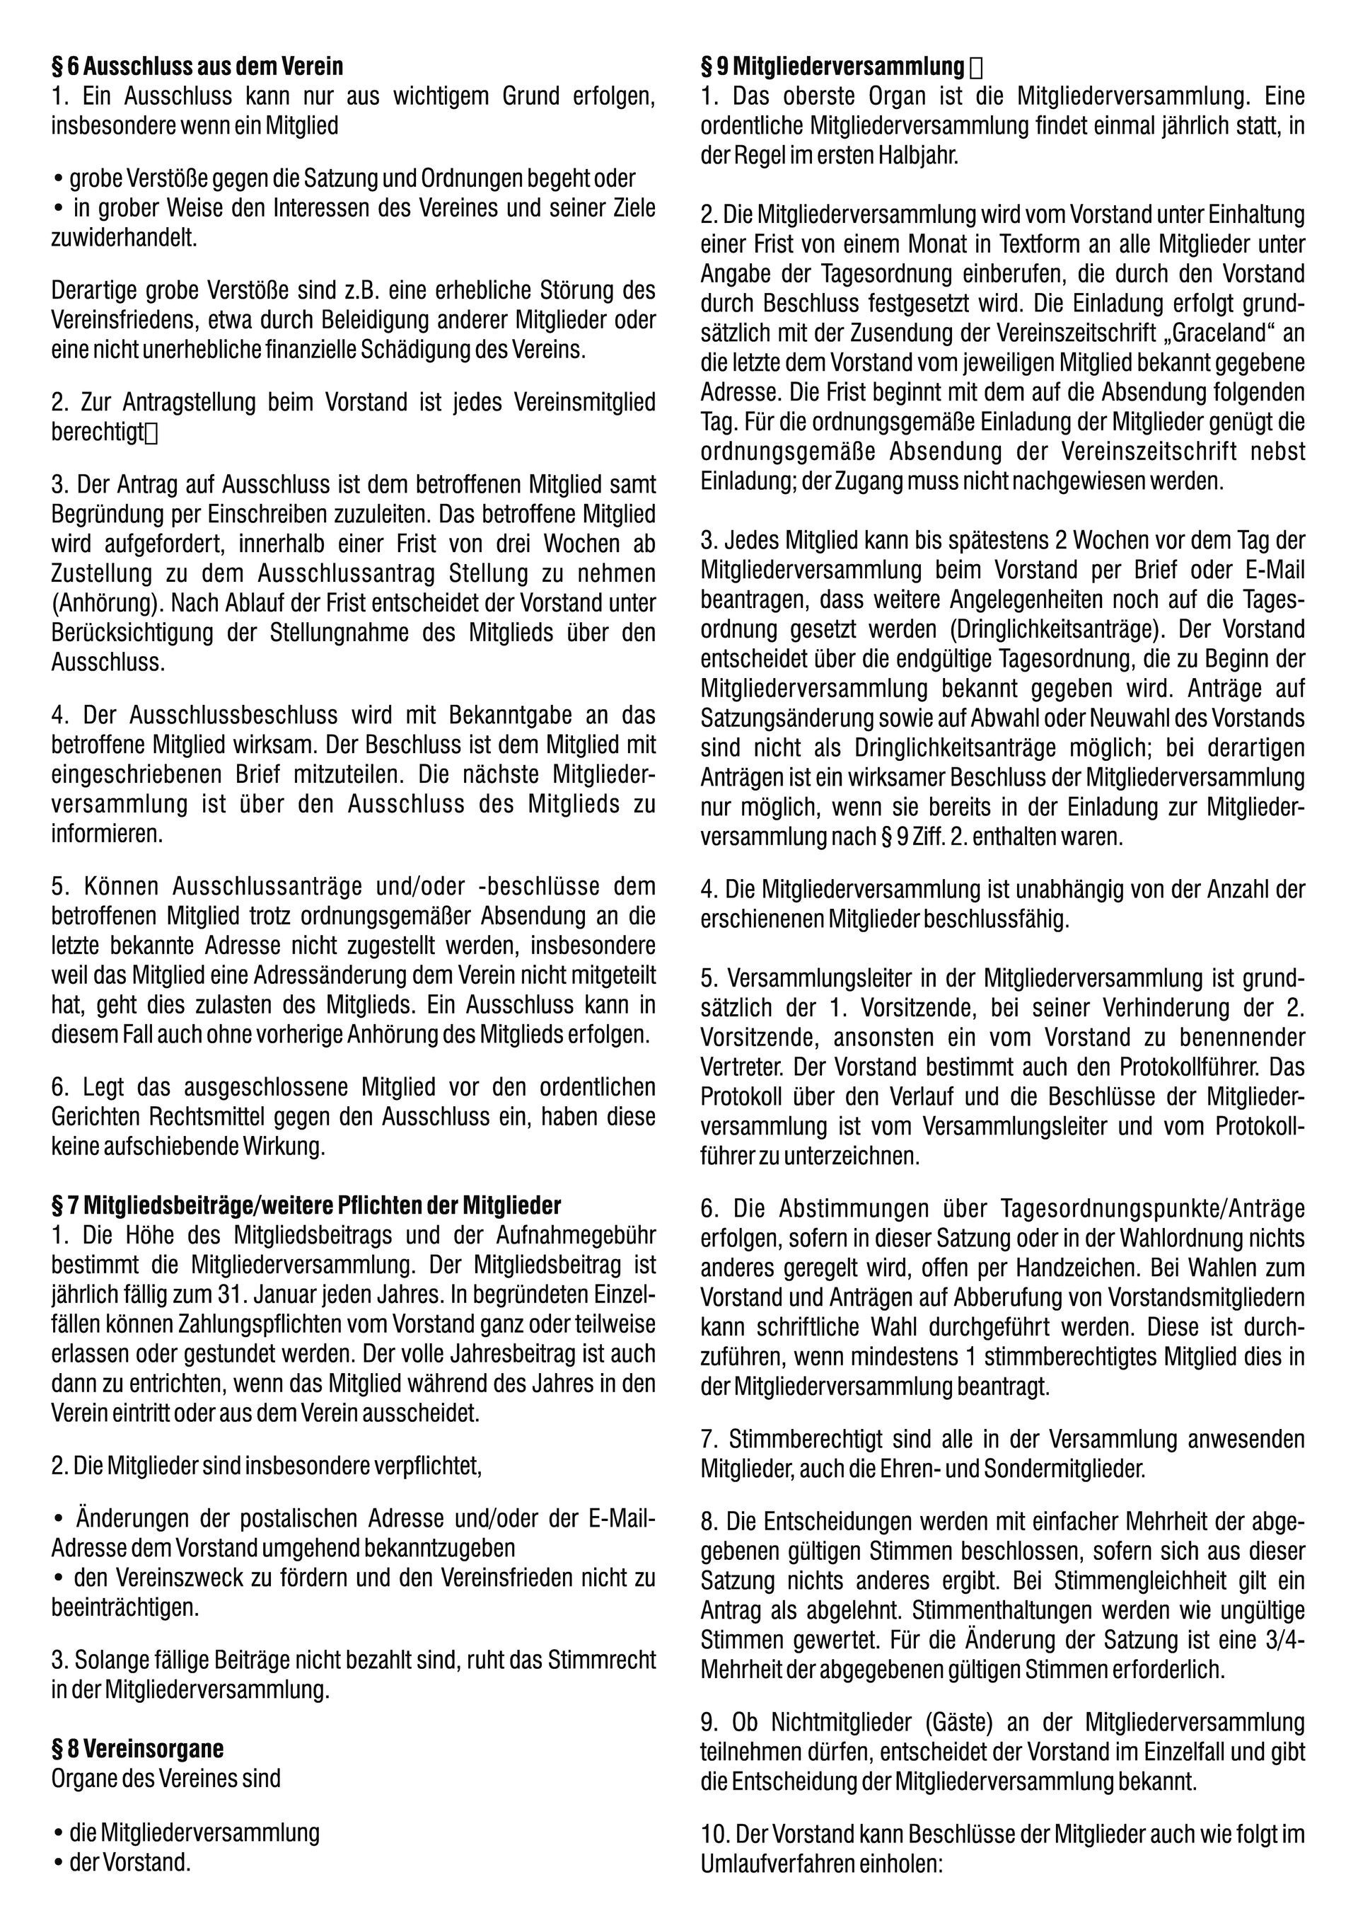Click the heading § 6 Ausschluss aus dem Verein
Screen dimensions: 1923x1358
tap(197, 65)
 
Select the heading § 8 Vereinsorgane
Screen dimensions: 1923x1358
tap(137, 1749)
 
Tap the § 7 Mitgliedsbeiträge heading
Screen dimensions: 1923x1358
tap(306, 1205)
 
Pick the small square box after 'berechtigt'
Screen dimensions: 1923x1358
tap(151, 432)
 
